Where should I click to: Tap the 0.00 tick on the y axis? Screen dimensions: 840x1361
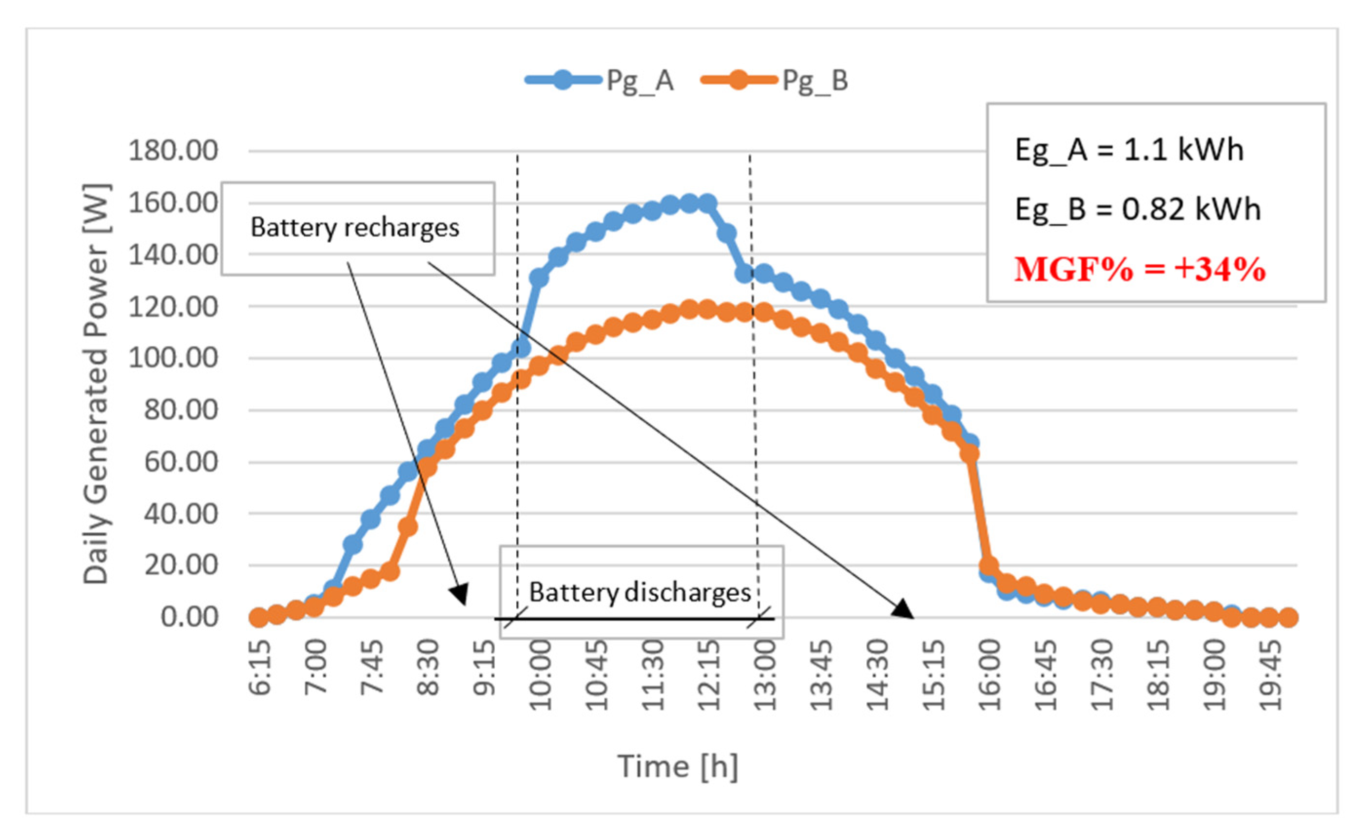click(x=189, y=617)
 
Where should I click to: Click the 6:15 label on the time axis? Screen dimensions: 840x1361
click(x=259, y=668)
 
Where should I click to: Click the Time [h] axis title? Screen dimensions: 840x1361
click(x=678, y=767)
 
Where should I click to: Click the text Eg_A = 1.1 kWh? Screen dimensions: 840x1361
click(x=1129, y=150)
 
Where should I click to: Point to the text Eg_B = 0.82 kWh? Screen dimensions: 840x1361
click(x=1137, y=210)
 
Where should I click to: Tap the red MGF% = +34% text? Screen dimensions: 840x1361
click(x=1139, y=270)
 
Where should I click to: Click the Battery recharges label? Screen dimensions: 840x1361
click(x=354, y=228)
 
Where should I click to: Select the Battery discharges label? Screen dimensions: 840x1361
click(x=640, y=592)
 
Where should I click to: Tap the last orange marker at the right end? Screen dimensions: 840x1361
click(x=1288, y=617)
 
